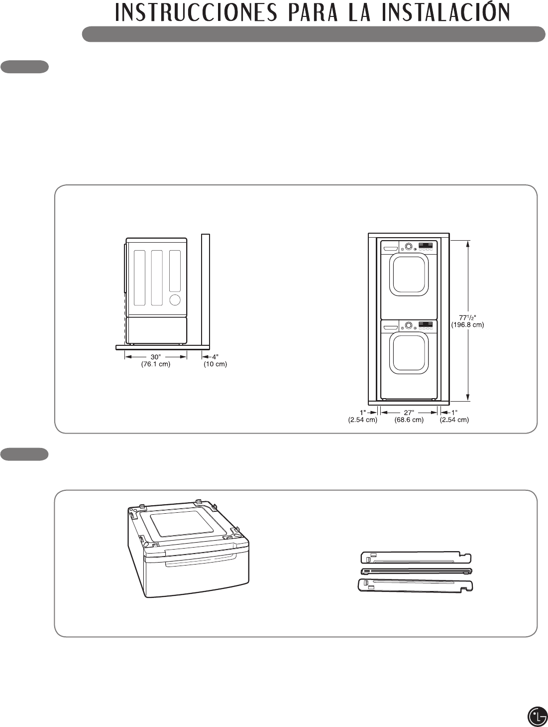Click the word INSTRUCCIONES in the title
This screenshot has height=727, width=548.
pyautogui.click(x=196, y=13)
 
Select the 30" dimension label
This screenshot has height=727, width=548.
pyautogui.click(x=156, y=357)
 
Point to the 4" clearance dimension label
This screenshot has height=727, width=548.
pyautogui.click(x=215, y=357)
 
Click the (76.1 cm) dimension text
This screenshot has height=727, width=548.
pyautogui.click(x=156, y=364)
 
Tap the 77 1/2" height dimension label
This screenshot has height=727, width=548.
pyautogui.click(x=467, y=317)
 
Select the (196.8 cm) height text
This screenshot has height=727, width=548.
pyautogui.click(x=467, y=325)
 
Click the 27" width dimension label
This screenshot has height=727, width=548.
pyautogui.click(x=409, y=413)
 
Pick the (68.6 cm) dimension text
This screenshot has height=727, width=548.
pyautogui.click(x=409, y=420)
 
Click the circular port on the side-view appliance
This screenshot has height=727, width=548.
pyautogui.click(x=175, y=299)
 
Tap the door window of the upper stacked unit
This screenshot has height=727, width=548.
pyautogui.click(x=409, y=275)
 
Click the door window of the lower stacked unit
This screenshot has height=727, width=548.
pyautogui.click(x=409, y=353)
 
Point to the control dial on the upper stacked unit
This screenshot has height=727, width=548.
pyautogui.click(x=409, y=246)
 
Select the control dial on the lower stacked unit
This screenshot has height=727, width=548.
pyautogui.click(x=409, y=325)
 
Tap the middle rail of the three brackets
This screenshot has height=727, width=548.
pyautogui.click(x=416, y=571)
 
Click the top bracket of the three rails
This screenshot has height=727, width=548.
pyautogui.click(x=416, y=557)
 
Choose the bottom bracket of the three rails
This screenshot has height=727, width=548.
pyautogui.click(x=416, y=584)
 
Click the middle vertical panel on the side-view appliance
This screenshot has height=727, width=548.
pyautogui.click(x=157, y=278)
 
